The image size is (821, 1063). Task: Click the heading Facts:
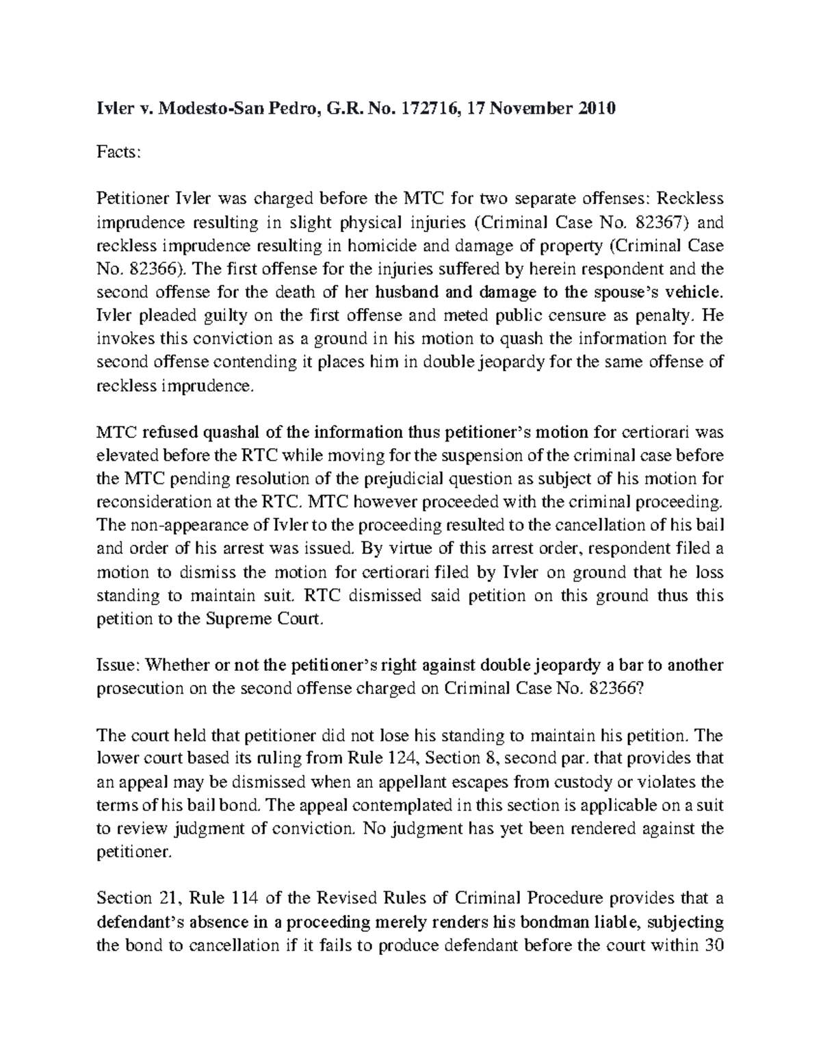[118, 153]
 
